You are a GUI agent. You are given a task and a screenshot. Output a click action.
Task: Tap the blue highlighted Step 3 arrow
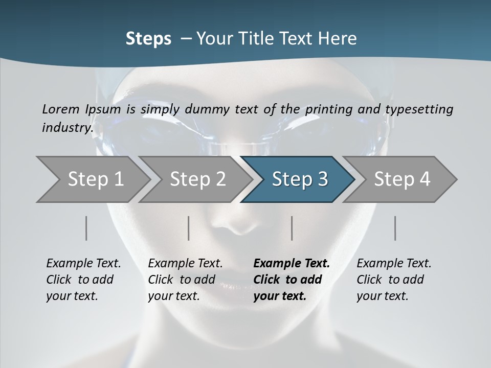click(300, 179)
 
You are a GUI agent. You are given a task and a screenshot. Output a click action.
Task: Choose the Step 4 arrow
click(402, 179)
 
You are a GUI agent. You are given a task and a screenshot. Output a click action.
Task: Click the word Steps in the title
click(148, 39)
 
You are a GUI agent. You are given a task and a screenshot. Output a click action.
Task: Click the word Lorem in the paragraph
click(60, 109)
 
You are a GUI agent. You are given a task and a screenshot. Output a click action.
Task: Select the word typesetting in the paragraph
click(419, 109)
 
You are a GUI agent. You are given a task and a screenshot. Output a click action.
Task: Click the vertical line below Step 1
click(86, 228)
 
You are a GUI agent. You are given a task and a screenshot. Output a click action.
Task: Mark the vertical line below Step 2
click(189, 228)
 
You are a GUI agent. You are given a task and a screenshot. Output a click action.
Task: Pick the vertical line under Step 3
click(292, 228)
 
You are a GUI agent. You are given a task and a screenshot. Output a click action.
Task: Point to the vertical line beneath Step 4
click(395, 228)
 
